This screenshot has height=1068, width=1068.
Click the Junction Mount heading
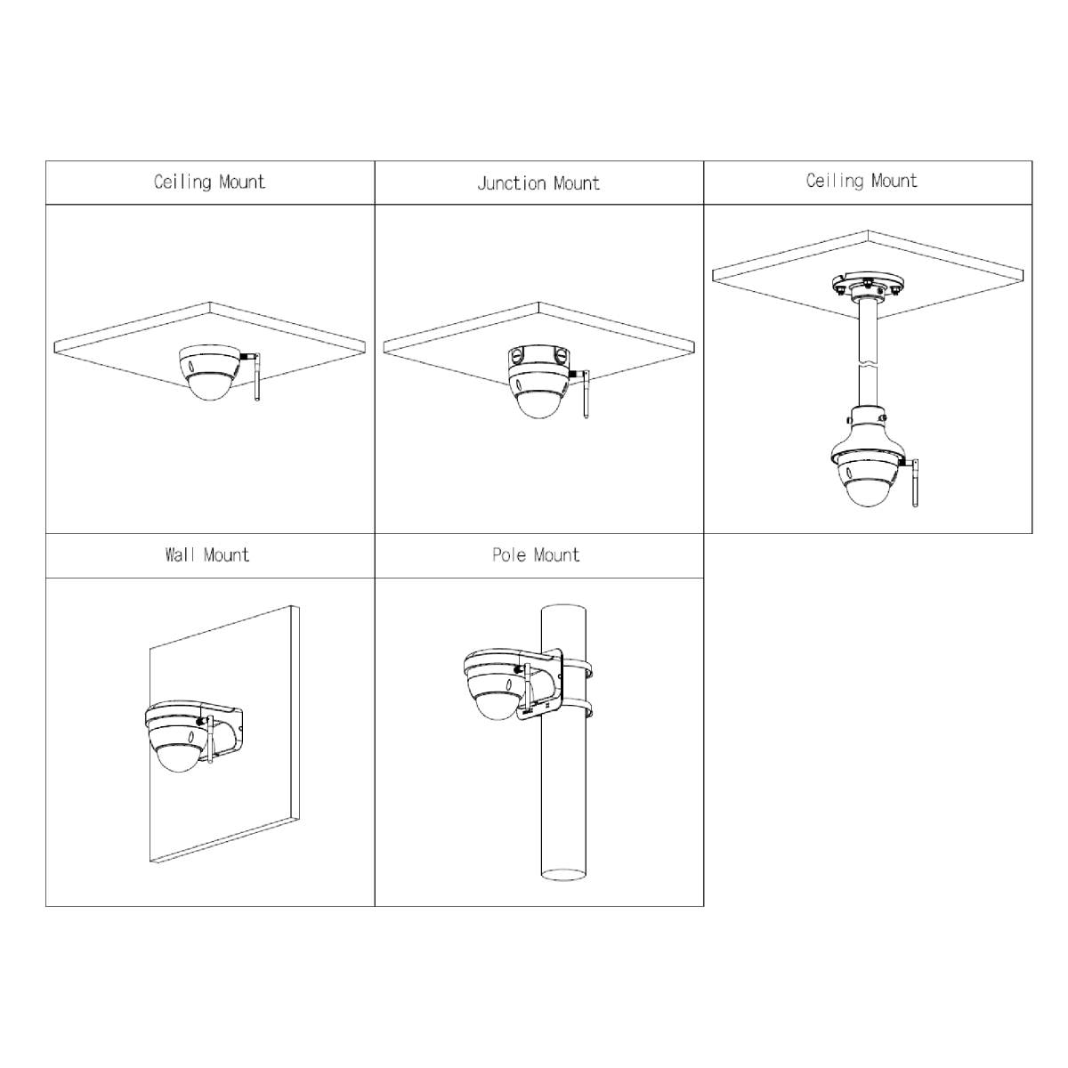point(538,183)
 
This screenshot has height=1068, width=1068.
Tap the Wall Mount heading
point(207,554)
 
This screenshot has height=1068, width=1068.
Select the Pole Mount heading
point(536,554)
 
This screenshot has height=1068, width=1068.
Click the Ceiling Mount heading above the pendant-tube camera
point(862,181)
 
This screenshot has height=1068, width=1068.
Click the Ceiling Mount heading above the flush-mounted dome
point(209,182)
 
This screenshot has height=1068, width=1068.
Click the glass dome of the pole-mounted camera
point(498,706)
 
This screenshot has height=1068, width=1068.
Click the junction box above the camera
point(538,360)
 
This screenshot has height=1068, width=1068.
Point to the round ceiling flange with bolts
point(868,285)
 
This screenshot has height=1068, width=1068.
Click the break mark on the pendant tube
point(868,364)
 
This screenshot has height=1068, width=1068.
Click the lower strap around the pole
point(577,709)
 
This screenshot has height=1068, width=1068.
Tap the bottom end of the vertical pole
point(563,875)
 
